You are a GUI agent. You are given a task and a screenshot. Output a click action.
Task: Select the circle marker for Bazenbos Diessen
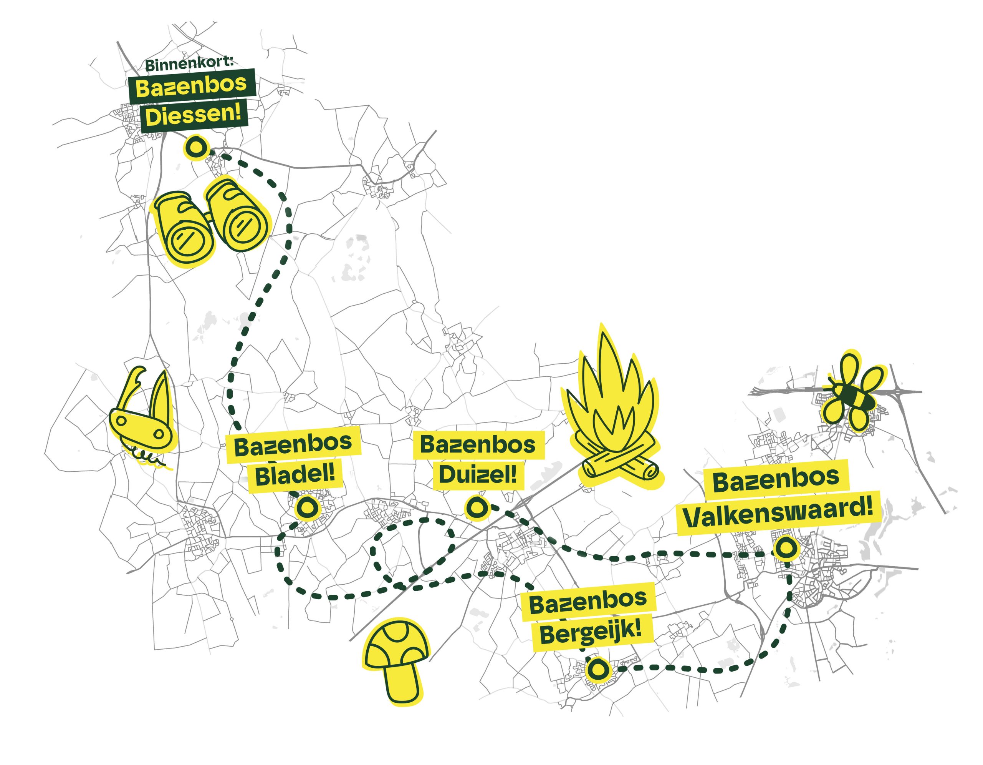[x=196, y=147]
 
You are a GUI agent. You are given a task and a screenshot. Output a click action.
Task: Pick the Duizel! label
[x=478, y=474]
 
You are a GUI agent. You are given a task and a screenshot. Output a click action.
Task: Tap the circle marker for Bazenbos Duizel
[x=476, y=508]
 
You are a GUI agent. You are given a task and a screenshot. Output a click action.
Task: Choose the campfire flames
[x=609, y=401]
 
